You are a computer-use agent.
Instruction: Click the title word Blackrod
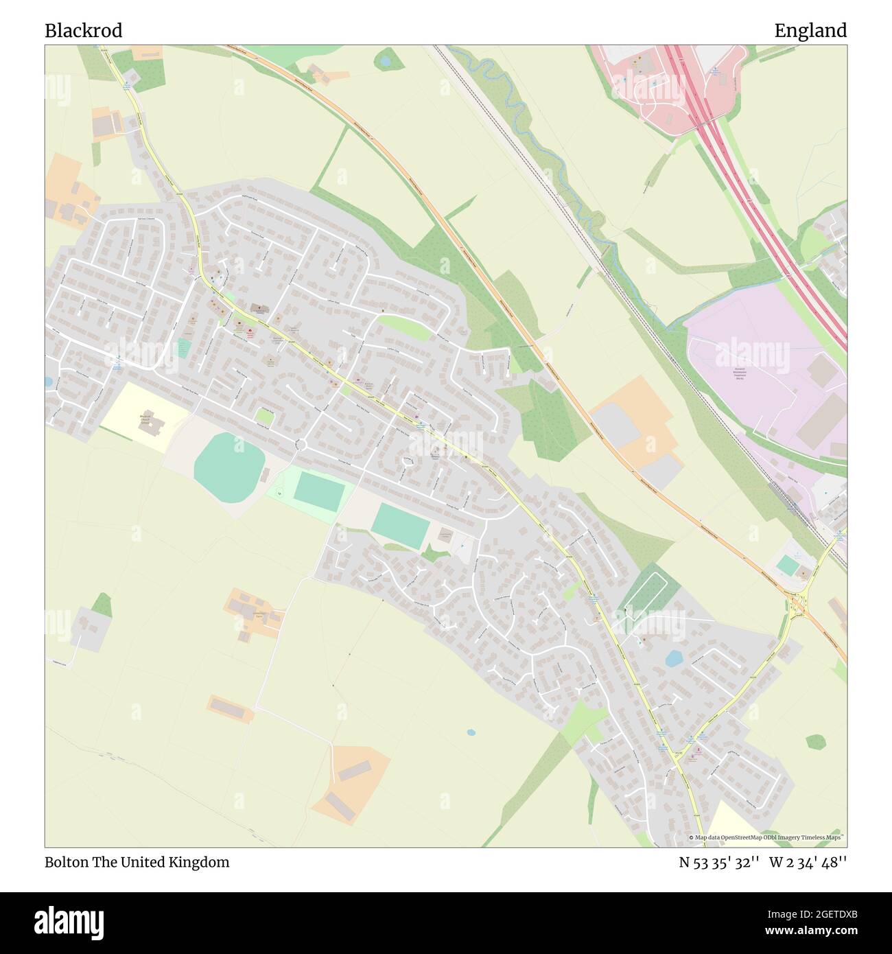[x=84, y=31]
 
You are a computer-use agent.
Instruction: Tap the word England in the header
[x=810, y=31]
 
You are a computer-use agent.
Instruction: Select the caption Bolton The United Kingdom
[x=137, y=862]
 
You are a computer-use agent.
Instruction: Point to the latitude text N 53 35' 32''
[x=719, y=862]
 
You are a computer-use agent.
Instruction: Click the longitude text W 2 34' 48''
[x=808, y=862]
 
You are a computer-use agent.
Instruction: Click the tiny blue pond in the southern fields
[x=471, y=732]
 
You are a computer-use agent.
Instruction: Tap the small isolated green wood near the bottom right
[x=815, y=742]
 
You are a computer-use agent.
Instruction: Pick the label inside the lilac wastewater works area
[x=740, y=373]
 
